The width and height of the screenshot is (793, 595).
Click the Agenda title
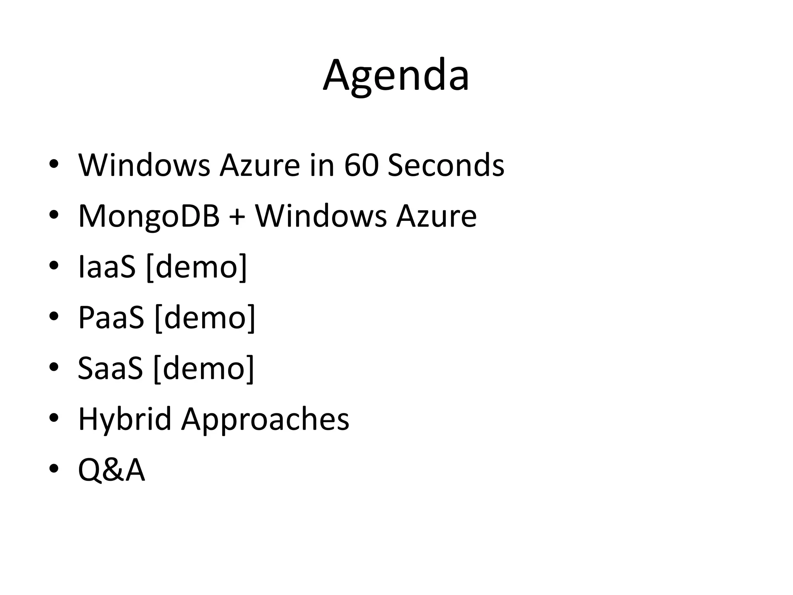(x=396, y=76)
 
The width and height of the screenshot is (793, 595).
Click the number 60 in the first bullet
(x=360, y=165)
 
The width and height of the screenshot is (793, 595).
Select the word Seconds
(x=446, y=165)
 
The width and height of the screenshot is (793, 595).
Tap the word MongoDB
(x=149, y=216)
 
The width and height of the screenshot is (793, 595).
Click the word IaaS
(x=107, y=267)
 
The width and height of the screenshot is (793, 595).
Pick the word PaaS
(x=111, y=318)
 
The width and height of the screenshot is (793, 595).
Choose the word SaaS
(x=110, y=368)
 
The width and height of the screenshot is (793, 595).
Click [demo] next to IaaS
(x=197, y=267)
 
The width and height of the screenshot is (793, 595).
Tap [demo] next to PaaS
(x=205, y=318)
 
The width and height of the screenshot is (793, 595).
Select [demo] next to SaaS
(x=204, y=368)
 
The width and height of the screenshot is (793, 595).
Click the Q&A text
(x=112, y=470)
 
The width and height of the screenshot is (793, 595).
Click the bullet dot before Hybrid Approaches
(x=53, y=418)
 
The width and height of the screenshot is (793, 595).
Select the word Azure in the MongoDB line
(x=436, y=216)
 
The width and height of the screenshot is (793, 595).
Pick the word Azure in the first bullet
(x=260, y=165)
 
